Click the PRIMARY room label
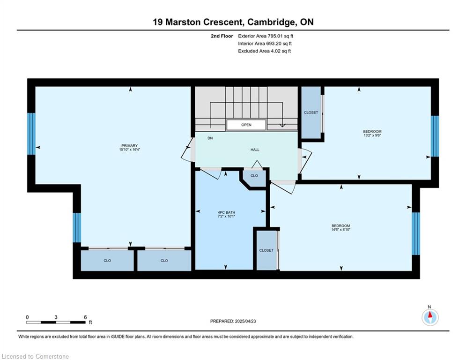[x=130, y=146]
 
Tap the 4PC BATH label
[x=227, y=212]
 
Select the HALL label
[x=255, y=150]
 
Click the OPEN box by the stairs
[x=246, y=125]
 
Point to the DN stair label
[x=210, y=138]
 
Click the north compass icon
[x=430, y=317]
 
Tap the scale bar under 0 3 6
[x=56, y=322]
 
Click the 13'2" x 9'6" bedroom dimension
[x=372, y=135]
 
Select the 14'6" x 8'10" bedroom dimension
[x=341, y=229]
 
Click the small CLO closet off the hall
[x=254, y=178]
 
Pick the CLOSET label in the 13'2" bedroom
[x=311, y=112]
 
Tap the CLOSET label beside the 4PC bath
[x=266, y=250]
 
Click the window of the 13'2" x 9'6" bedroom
[x=435, y=136]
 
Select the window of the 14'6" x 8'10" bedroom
[x=416, y=233]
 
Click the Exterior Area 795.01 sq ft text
[x=266, y=36]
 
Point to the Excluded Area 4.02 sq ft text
[x=265, y=51]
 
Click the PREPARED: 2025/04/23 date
[x=233, y=321]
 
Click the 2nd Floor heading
[x=222, y=36]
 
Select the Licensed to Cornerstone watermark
[x=35, y=356]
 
